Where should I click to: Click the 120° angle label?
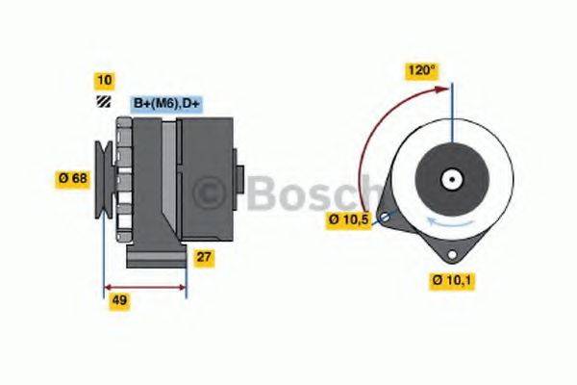pyautogui.click(x=421, y=70)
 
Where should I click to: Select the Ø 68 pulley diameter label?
pyautogui.click(x=74, y=177)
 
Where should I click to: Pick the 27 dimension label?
pyautogui.click(x=205, y=257)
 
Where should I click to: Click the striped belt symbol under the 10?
pyautogui.click(x=103, y=102)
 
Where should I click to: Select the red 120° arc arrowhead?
pyautogui.click(x=444, y=89)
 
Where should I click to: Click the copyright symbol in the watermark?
pyautogui.click(x=207, y=195)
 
